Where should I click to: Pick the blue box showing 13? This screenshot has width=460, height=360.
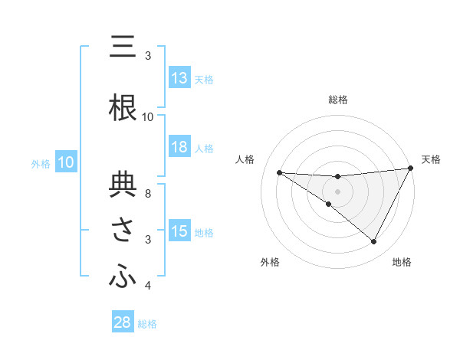click(179, 78)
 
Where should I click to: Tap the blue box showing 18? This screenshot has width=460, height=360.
click(179, 148)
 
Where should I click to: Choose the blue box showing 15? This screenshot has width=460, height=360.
click(179, 231)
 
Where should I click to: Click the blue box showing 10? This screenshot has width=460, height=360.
click(65, 162)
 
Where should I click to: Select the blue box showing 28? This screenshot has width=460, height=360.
click(122, 322)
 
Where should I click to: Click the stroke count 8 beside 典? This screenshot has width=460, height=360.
click(148, 185)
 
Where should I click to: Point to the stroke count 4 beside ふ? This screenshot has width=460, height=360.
click(148, 286)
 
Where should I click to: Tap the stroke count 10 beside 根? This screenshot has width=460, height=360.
click(148, 116)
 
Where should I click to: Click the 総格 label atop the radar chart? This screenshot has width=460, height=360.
click(337, 100)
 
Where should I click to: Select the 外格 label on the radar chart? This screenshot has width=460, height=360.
click(270, 262)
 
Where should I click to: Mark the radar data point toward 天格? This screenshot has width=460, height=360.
click(412, 168)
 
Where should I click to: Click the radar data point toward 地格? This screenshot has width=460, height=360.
click(374, 242)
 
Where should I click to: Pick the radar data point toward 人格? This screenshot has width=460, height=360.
click(279, 172)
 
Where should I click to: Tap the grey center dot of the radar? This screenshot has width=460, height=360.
click(337, 191)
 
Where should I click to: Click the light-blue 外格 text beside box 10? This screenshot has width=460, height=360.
click(40, 163)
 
